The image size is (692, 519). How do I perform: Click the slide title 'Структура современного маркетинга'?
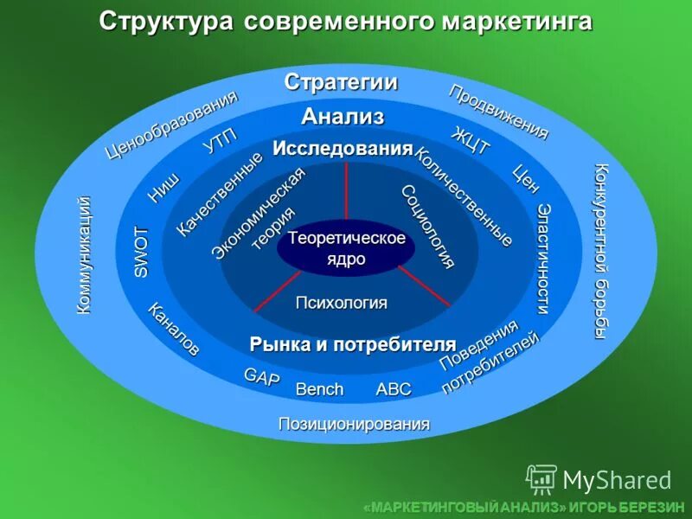[345, 21]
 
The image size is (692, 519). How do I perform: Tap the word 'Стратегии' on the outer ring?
[341, 82]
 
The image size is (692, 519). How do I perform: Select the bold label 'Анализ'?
[343, 116]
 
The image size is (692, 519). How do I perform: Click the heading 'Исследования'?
[343, 148]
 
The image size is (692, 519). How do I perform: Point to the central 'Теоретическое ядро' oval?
[346, 248]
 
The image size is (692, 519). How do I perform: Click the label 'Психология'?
[342, 303]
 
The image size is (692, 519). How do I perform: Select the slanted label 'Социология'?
[427, 227]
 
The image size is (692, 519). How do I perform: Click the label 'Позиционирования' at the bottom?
[354, 424]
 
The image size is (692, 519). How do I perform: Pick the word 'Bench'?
[319, 389]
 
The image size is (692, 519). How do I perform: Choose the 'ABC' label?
[394, 389]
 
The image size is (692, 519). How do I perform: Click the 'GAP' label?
[261, 377]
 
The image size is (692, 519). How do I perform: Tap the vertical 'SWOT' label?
[142, 252]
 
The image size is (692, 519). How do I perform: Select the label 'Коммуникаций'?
[84, 254]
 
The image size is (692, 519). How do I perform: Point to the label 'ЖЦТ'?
[471, 141]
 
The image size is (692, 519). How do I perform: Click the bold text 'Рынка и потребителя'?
[353, 344]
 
